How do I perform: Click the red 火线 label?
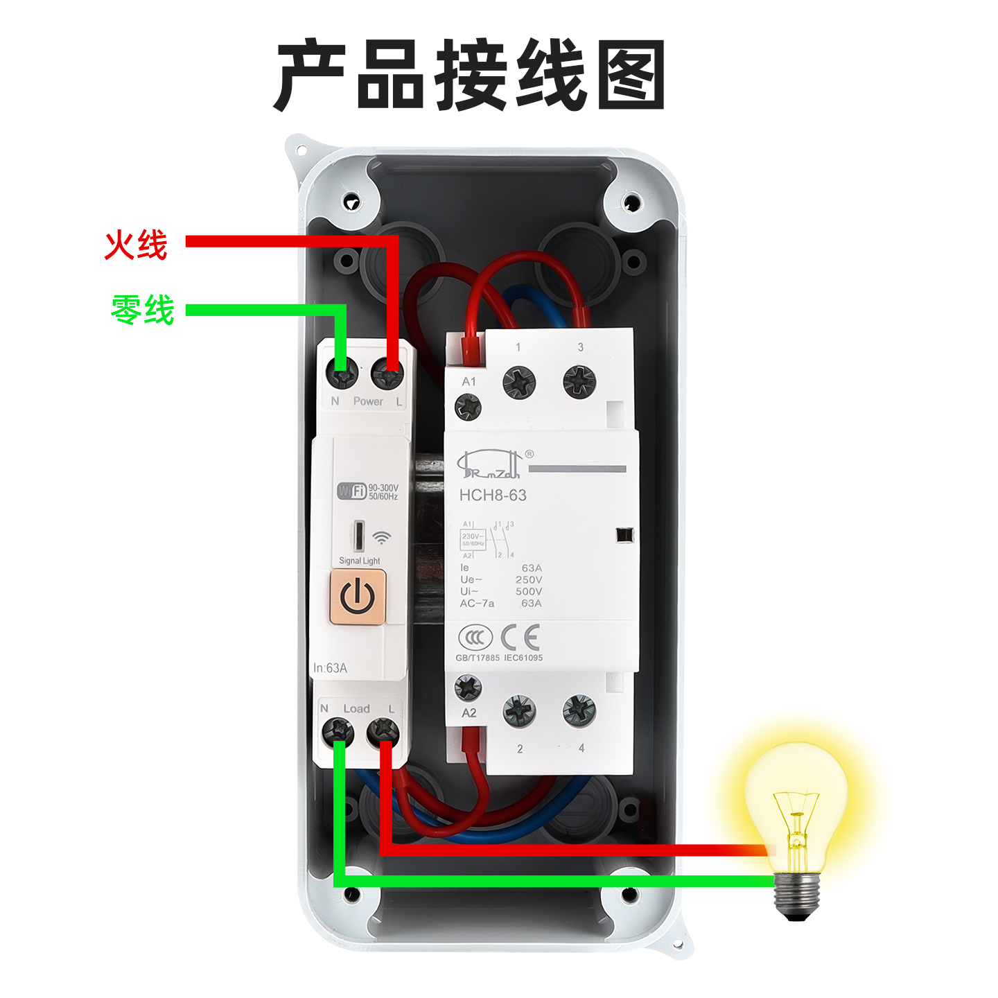tap(136, 245)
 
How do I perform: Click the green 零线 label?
tap(143, 309)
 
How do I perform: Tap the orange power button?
tap(358, 596)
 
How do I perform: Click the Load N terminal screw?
tap(338, 730)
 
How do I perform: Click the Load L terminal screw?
tap(383, 730)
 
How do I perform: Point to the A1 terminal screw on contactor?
tap(468, 407)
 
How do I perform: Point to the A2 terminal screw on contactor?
tap(468, 688)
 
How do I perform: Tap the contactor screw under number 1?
tap(519, 382)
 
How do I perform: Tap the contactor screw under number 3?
tap(579, 382)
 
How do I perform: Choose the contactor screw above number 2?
tap(519, 711)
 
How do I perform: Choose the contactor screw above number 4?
tap(579, 711)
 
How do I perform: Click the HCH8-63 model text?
tap(493, 496)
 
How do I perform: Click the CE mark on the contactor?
tap(520, 637)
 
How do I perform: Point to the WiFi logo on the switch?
tap(351, 491)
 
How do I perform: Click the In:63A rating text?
tap(330, 668)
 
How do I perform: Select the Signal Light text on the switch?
tap(359, 561)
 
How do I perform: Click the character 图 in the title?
tap(631, 75)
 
